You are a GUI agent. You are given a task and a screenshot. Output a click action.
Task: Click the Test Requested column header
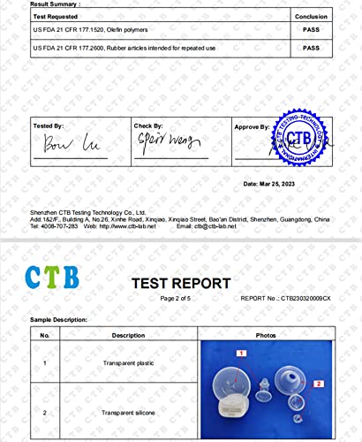(x=54, y=15)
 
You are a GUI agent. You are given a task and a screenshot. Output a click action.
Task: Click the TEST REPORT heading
(x=181, y=283)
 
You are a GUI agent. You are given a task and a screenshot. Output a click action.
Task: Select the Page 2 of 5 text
(x=180, y=299)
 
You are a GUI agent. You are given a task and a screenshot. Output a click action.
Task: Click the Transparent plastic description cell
(x=128, y=362)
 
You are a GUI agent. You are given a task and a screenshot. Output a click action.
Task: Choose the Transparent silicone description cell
(x=128, y=413)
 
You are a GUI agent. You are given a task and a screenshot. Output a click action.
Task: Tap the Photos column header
(x=266, y=336)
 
